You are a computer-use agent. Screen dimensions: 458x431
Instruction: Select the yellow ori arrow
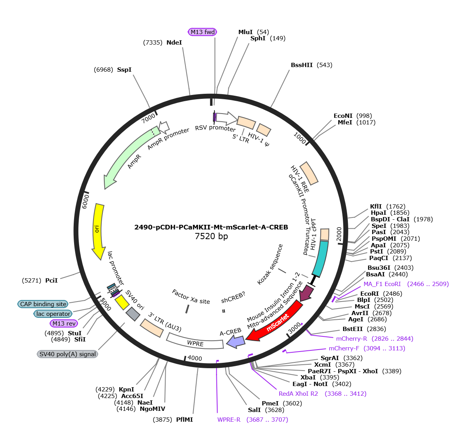[x=99, y=231]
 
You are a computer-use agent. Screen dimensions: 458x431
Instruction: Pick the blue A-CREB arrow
[x=236, y=341]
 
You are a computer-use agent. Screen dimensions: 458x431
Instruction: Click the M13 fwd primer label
[x=202, y=32]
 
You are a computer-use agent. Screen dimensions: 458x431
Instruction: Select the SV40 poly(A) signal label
[x=67, y=354]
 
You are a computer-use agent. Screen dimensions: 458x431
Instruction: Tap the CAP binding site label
[x=43, y=304]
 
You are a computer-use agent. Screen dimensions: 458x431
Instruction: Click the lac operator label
[x=53, y=314]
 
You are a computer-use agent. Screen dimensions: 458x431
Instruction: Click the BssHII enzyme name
[x=302, y=65]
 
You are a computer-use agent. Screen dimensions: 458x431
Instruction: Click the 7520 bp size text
[x=211, y=236]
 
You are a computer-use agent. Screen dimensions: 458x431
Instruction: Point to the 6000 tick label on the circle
[x=85, y=202]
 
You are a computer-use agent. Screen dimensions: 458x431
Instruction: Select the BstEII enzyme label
[x=353, y=329]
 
